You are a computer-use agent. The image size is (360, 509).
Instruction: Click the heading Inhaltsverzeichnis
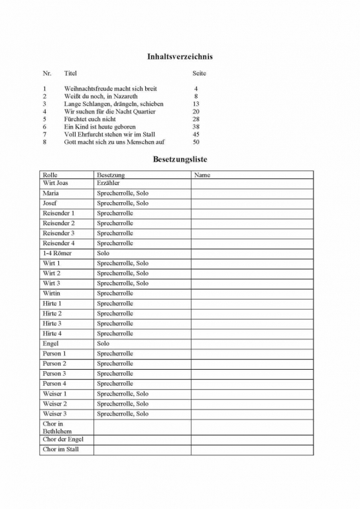pyautogui.click(x=180, y=57)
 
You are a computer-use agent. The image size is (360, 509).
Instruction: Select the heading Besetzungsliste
pyautogui.click(x=181, y=160)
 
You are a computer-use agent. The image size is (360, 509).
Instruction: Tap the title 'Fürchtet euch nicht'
pyautogui.click(x=95, y=119)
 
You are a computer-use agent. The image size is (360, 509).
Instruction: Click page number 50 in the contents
pyautogui.click(x=196, y=142)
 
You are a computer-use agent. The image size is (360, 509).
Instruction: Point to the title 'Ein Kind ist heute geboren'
pyautogui.click(x=99, y=127)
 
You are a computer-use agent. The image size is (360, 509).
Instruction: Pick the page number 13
pyautogui.click(x=196, y=104)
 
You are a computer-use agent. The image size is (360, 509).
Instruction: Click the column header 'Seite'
pyautogui.click(x=199, y=73)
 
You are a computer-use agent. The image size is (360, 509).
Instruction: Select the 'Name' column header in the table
pyautogui.click(x=202, y=175)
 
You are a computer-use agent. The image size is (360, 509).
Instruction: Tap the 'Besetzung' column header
pyautogui.click(x=110, y=175)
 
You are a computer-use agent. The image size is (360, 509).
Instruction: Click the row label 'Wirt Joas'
pyautogui.click(x=55, y=182)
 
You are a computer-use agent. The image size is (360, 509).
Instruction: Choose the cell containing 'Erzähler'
pyautogui.click(x=108, y=182)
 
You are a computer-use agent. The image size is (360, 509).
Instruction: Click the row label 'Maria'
pyautogui.click(x=50, y=193)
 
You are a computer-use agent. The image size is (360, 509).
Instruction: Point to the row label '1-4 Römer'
pyautogui.click(x=57, y=253)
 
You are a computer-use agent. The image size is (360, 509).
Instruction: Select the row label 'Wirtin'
pyautogui.click(x=52, y=293)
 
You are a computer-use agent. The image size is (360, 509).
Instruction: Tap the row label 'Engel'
pyautogui.click(x=50, y=343)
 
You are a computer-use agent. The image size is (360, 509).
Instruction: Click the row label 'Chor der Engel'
pyautogui.click(x=63, y=439)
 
